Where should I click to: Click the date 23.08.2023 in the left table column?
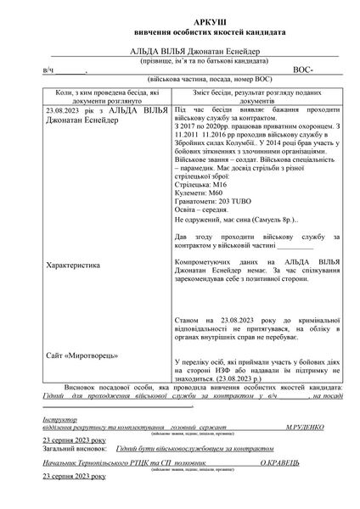click(63, 110)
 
